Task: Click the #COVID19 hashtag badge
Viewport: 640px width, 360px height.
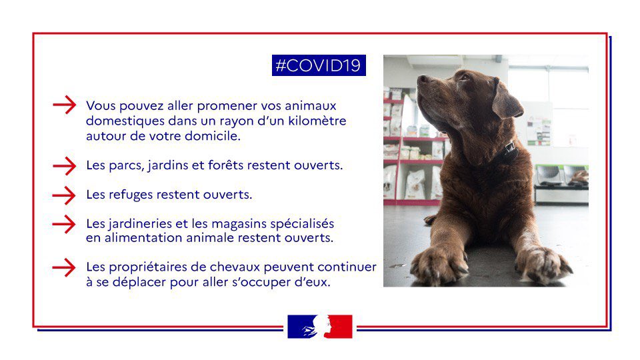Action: pos(318,65)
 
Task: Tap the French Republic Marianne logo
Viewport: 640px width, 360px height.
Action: pos(319,326)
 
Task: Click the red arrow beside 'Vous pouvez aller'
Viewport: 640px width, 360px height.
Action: pos(64,106)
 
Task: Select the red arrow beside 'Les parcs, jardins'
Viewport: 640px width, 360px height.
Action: pos(64,165)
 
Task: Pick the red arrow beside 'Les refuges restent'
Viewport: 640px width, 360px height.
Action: pos(64,195)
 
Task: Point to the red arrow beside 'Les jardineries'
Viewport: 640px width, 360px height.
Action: pos(64,223)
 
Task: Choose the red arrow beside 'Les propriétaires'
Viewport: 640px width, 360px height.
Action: pos(64,267)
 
